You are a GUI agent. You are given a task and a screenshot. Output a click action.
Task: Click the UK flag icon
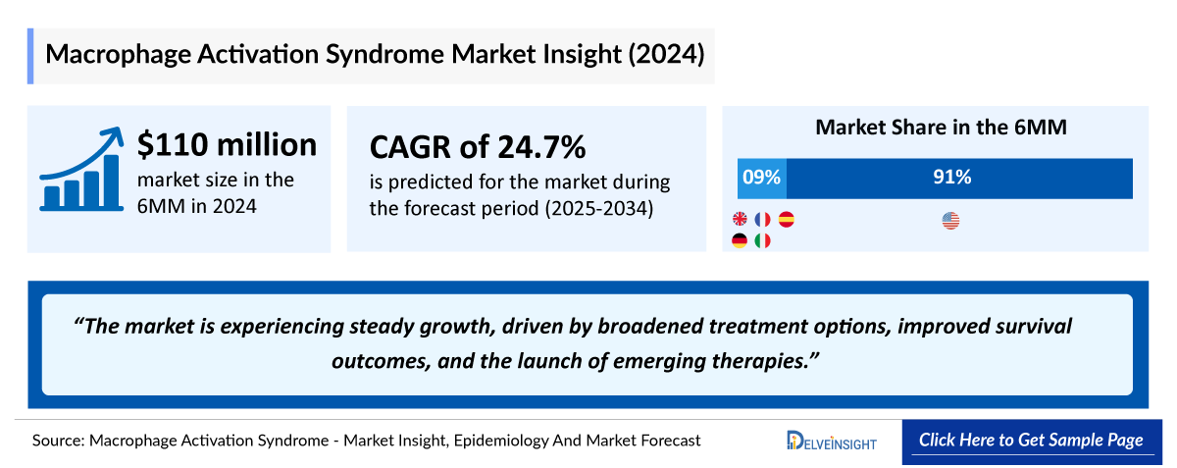click(741, 220)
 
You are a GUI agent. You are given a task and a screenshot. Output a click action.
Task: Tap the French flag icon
click(763, 220)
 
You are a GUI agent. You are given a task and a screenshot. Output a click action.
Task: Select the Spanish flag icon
click(786, 220)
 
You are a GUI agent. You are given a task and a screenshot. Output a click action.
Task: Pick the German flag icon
click(741, 240)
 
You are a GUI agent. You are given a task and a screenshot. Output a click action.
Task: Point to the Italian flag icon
click(763, 240)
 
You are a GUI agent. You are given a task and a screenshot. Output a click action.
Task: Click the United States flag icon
click(950, 221)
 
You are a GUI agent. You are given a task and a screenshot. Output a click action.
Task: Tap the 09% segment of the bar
click(762, 178)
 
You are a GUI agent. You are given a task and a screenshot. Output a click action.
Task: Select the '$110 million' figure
click(227, 145)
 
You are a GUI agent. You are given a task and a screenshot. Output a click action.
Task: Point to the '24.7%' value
click(537, 147)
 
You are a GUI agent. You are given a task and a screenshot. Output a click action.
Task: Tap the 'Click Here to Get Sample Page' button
click(1031, 441)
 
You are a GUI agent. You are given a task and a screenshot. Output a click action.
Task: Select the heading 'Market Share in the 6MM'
click(941, 128)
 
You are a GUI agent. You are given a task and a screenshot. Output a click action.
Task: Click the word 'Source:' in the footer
click(58, 441)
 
